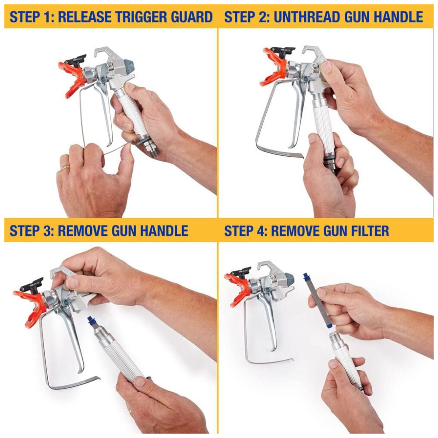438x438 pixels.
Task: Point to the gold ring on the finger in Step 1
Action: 65,167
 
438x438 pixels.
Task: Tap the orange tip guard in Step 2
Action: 274,67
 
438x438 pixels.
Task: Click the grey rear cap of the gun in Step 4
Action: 290,279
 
